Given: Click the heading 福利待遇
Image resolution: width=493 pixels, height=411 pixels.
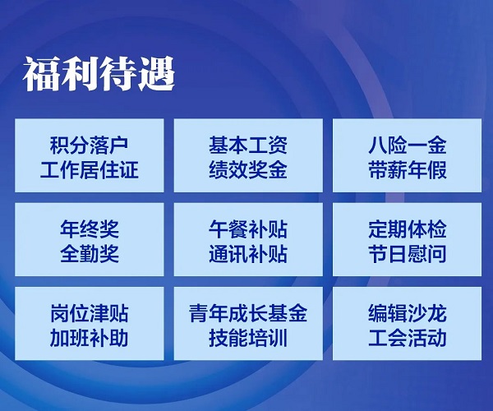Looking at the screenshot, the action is pos(99,74).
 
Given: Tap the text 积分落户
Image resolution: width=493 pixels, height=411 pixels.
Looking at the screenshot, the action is pos(90,145).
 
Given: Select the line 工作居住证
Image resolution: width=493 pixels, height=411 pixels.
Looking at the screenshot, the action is pos(90,169).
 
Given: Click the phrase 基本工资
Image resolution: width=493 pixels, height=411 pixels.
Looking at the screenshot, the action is pos(248,145).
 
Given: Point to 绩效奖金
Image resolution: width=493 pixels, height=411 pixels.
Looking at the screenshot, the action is pos(248,169).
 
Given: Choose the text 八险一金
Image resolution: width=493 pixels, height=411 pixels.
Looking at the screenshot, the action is pos(408,145).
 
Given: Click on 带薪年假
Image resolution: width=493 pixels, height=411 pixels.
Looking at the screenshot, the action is pos(408,169).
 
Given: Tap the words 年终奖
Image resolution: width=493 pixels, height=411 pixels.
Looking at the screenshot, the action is pos(90,229).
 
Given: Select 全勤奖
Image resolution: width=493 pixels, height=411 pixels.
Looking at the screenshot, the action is pos(90,254).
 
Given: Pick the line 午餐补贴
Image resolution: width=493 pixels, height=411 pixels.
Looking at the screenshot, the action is pos(248,229).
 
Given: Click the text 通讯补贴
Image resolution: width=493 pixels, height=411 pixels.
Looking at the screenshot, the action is pos(248,254).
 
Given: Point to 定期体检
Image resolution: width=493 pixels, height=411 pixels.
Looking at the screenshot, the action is pos(408,229).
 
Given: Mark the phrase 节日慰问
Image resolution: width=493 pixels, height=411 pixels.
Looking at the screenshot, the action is pos(408,254).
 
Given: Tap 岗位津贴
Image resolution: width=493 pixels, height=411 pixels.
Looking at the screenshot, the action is pos(90,313).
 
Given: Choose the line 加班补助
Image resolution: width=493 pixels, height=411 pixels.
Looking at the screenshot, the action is pos(90,338).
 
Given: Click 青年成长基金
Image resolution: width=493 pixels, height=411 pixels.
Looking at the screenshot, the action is pos(248,313).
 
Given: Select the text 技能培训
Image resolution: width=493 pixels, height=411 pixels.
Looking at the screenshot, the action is pos(248,338).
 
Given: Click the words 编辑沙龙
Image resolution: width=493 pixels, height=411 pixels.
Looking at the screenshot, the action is pos(408,313).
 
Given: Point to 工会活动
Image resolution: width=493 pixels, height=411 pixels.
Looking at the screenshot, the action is pos(408,338).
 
